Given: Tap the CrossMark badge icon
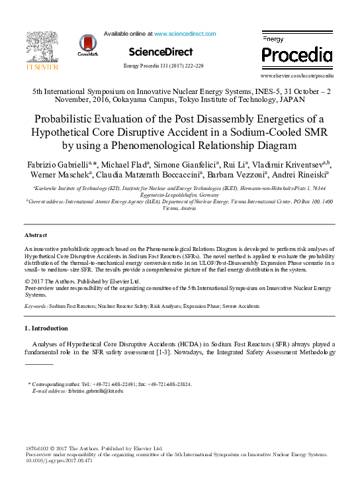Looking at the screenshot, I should click(87, 46).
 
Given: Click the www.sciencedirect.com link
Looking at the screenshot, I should click(185, 33).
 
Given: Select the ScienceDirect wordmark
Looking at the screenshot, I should click(161, 52).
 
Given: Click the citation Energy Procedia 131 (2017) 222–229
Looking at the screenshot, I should click(163, 66).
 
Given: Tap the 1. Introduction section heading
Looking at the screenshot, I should click(46, 328).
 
